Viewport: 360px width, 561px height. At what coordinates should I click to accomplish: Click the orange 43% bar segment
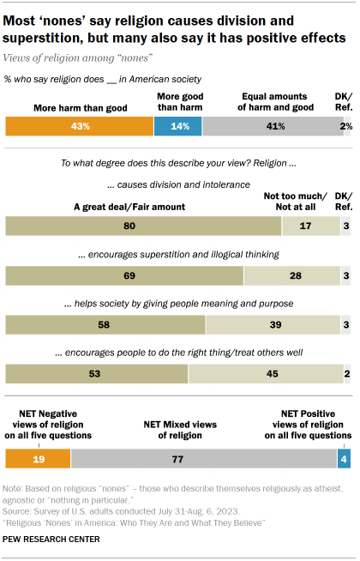pyautogui.click(x=79, y=126)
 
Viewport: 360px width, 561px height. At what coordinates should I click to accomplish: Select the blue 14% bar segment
pyautogui.click(x=177, y=126)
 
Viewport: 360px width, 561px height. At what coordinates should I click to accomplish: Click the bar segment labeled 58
pyautogui.click(x=105, y=325)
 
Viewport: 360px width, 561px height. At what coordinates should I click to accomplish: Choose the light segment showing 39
pyautogui.click(x=273, y=325)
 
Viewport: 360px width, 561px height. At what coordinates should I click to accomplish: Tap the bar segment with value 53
pyautogui.click(x=97, y=374)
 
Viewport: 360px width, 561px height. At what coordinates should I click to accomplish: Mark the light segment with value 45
pyautogui.click(x=266, y=374)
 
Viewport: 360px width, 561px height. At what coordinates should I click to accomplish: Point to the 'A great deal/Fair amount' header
pyautogui.click(x=130, y=206)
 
